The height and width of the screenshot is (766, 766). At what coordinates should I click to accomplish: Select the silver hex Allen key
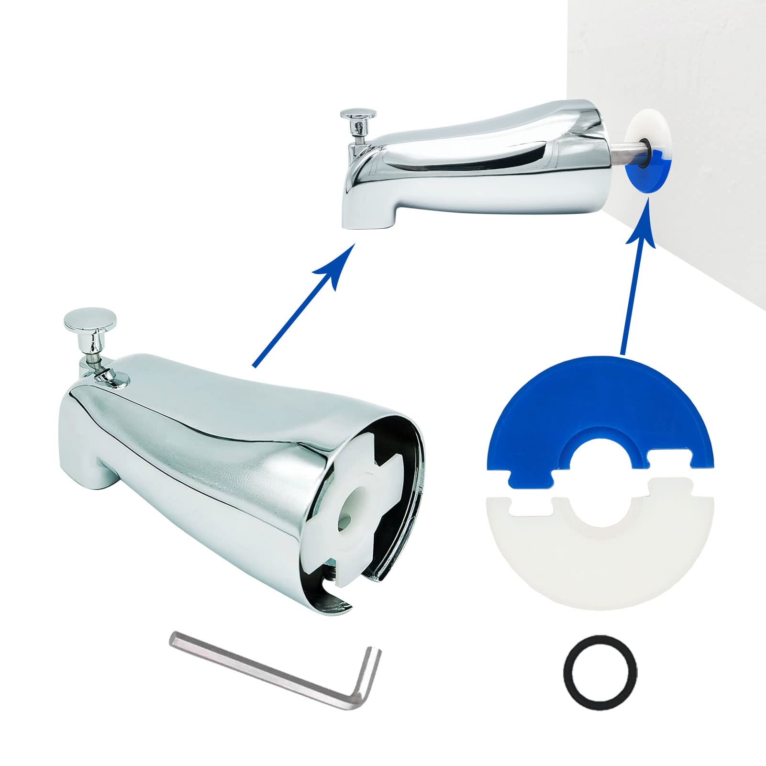(x=268, y=667)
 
